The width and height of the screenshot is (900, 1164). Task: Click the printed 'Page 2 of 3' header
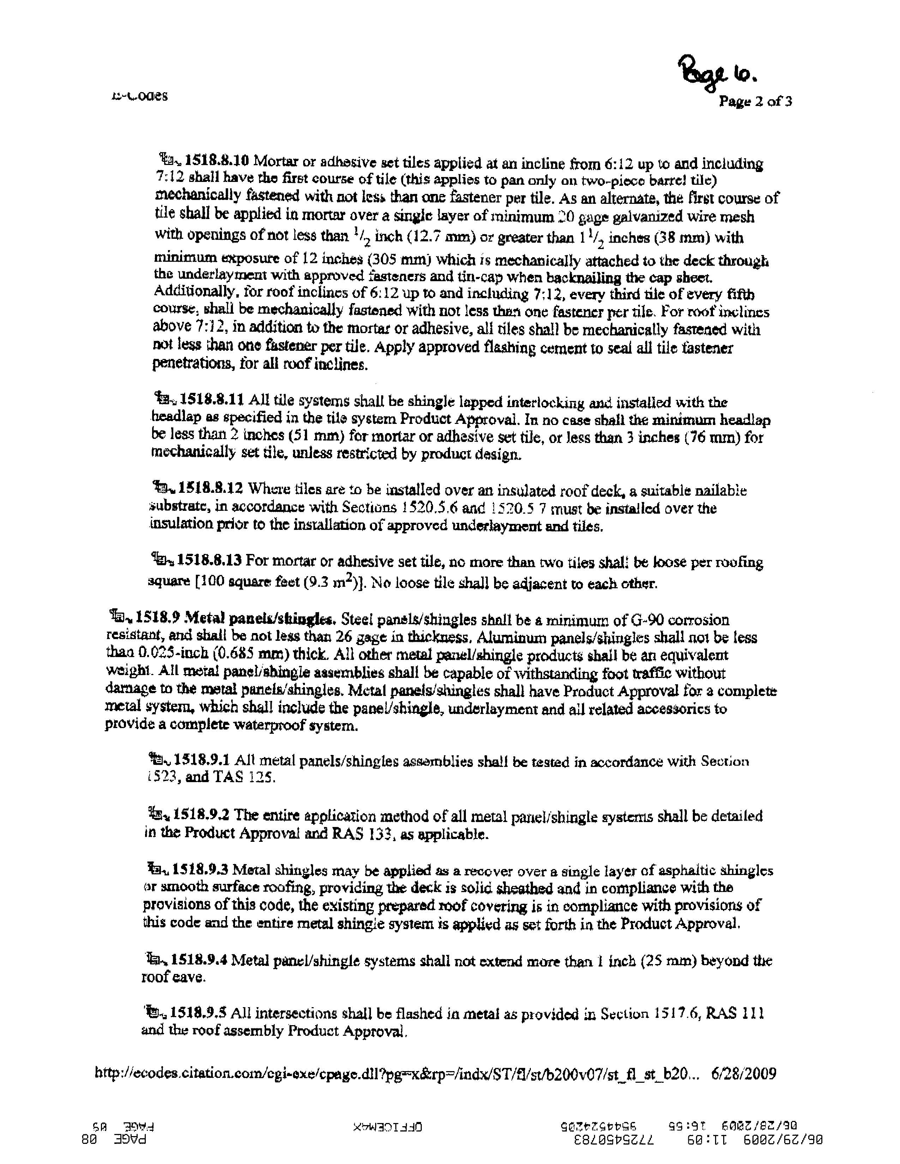tap(755, 101)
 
